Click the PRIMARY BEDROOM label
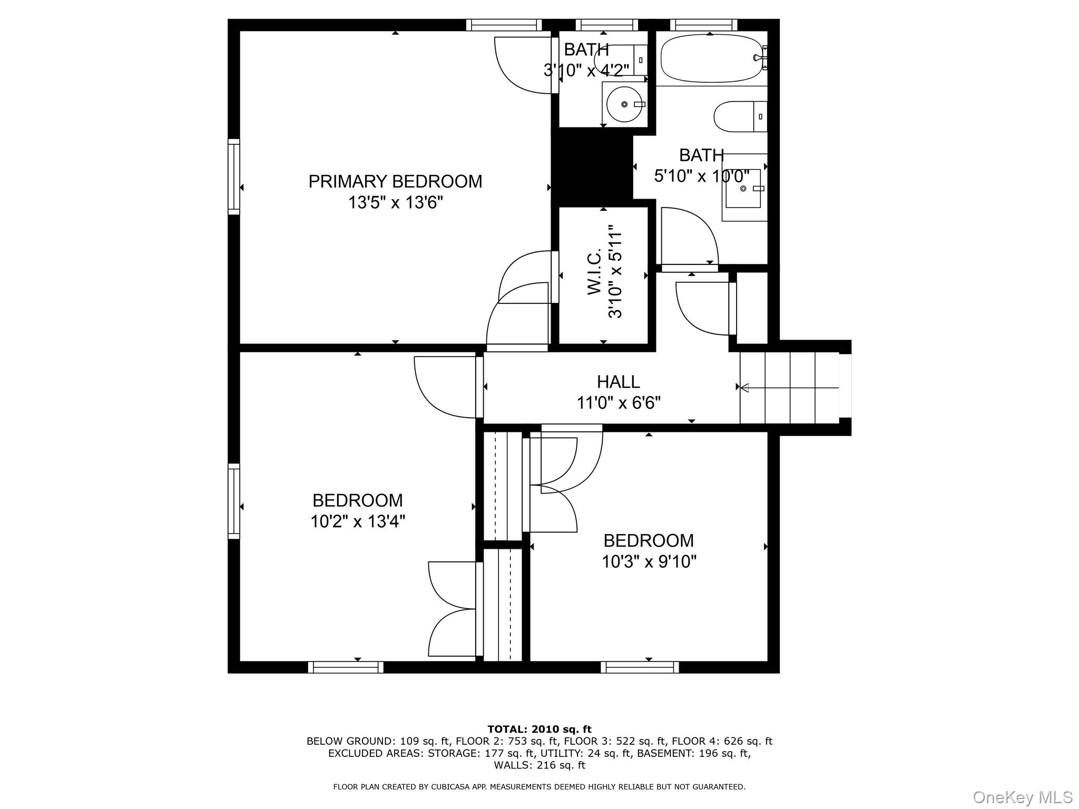tap(395, 182)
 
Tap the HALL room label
tap(618, 382)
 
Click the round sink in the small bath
tap(624, 105)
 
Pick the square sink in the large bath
tap(743, 189)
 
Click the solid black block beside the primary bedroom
tap(591, 166)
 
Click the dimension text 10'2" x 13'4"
tap(357, 522)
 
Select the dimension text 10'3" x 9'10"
tap(649, 562)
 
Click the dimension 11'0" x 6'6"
tap(618, 403)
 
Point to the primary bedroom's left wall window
tap(234, 176)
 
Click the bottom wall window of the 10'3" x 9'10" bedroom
tap(640, 667)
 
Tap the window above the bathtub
tap(703, 25)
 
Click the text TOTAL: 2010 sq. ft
tap(539, 729)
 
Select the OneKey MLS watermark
tap(1022, 797)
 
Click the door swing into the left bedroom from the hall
tap(445, 390)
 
